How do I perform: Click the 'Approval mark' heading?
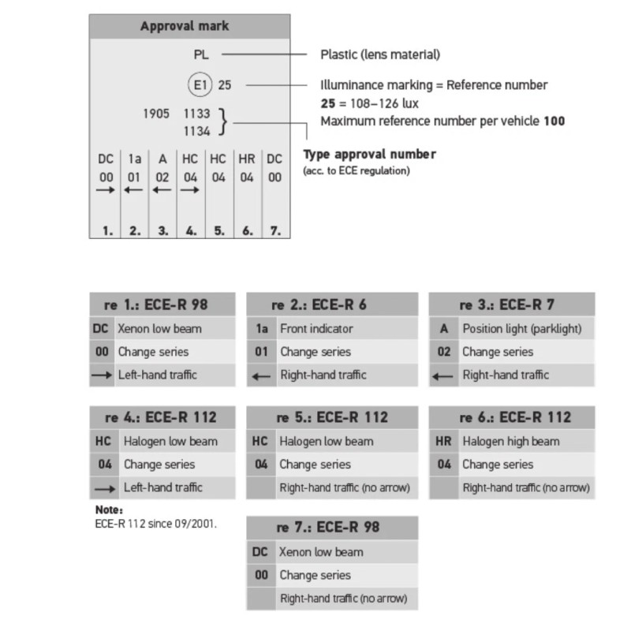pos(185,26)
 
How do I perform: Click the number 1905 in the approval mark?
pos(156,114)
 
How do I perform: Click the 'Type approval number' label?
pos(370,154)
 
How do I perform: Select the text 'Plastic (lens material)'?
pos(380,54)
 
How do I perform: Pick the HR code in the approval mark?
pos(247,159)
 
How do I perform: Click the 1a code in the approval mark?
pos(133,159)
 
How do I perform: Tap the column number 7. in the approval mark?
pos(274,232)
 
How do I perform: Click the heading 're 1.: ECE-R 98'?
pos(162,304)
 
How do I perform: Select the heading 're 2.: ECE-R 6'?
pos(319,304)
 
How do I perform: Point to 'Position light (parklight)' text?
pos(521,328)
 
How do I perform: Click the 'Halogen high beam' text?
pos(511,441)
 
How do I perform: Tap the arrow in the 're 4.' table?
pos(106,488)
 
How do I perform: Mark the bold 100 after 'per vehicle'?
pos(554,121)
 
